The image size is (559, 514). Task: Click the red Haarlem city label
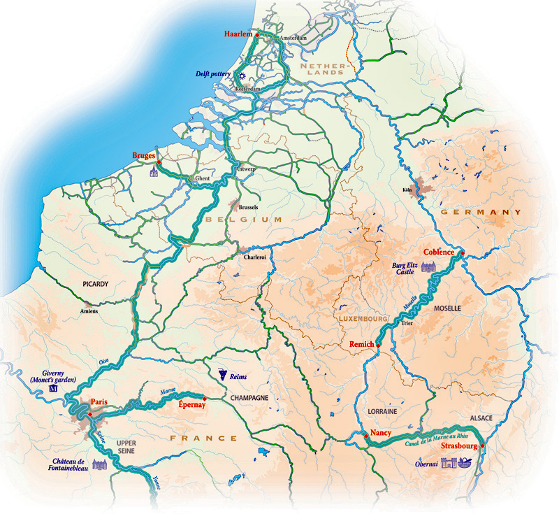point(238,34)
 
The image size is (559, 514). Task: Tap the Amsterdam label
point(293,37)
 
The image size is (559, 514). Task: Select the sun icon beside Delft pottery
point(242,76)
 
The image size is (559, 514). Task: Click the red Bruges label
point(143,155)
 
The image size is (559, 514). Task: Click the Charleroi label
point(254,257)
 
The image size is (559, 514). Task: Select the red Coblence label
point(439,252)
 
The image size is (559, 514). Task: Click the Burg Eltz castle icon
point(428,267)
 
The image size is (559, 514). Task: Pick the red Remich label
point(361,345)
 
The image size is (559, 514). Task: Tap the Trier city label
point(407,324)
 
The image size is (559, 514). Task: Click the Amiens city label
point(89,310)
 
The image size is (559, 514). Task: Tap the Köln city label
point(408,190)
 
